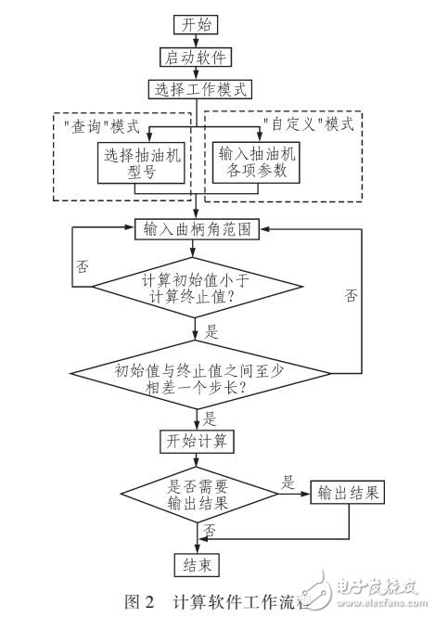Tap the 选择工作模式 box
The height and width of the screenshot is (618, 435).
click(196, 90)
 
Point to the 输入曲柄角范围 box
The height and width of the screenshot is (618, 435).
click(196, 227)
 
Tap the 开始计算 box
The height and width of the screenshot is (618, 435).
click(196, 439)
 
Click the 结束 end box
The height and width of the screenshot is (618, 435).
click(196, 563)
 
